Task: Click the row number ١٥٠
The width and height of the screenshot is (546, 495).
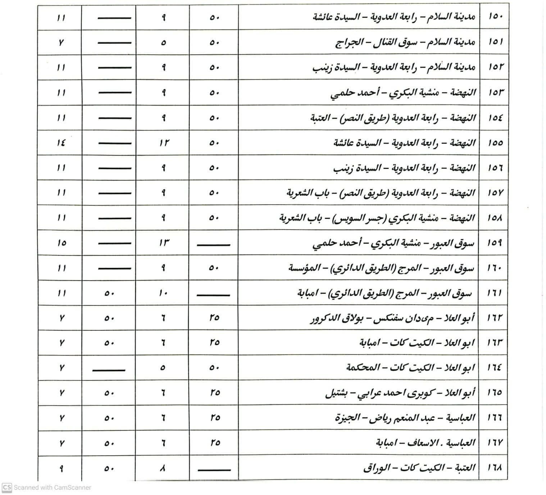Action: point(495,17)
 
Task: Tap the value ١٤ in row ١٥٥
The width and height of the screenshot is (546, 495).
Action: point(61,143)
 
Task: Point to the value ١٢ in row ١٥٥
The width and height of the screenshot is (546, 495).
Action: point(164,143)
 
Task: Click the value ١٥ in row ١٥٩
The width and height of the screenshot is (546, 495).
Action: point(62,243)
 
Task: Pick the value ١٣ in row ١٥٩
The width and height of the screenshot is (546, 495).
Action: point(164,243)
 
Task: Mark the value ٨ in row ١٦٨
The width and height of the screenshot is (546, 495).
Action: point(163,468)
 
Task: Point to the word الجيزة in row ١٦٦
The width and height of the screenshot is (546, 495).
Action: point(347,418)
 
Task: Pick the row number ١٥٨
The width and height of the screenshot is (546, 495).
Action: point(495,218)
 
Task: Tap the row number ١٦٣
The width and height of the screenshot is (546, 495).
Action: point(495,343)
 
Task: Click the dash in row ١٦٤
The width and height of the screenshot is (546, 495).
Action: point(109,369)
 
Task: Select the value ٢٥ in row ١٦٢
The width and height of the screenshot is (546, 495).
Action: point(214,318)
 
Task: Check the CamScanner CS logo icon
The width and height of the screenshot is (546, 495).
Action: point(7,487)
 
